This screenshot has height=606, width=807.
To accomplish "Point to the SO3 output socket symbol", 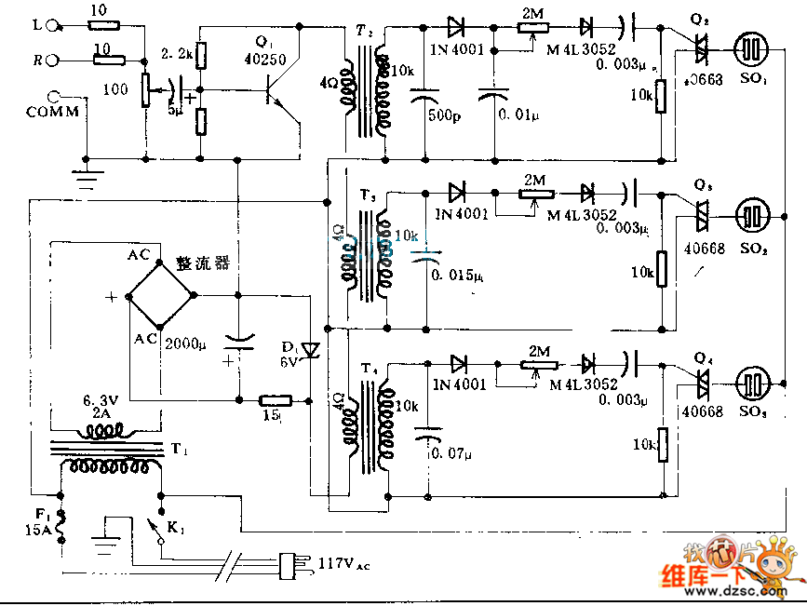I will coord(752,383).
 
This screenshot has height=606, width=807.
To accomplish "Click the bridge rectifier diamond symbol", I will coord(160,294).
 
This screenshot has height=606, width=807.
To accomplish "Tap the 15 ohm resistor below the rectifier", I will coord(275,400).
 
